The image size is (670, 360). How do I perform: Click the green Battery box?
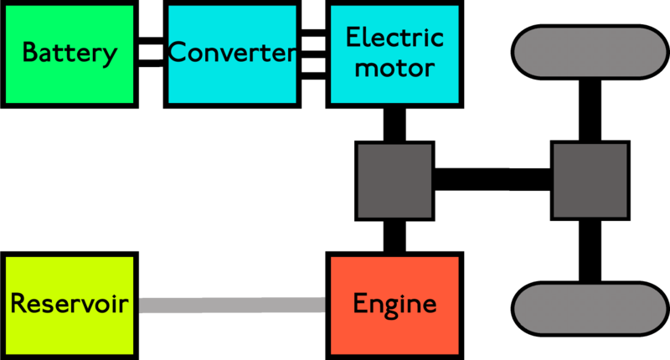click(70, 54)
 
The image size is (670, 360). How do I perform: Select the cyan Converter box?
click(232, 54)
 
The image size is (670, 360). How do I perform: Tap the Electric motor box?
click(394, 54)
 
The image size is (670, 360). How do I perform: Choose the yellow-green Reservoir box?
click(70, 306)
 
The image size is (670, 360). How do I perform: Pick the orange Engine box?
click(394, 306)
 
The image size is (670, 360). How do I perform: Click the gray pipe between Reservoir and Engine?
click(231, 306)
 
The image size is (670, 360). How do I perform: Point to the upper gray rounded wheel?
click(590, 52)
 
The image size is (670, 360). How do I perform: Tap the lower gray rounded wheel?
click(590, 308)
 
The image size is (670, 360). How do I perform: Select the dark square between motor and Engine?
click(394, 181)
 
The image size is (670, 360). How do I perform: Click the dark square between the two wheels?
click(590, 181)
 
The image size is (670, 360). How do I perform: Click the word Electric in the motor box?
click(394, 39)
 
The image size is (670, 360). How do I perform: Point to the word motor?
click(394, 68)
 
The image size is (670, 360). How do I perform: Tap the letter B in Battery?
click(29, 54)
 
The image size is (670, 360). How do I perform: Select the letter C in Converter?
click(178, 54)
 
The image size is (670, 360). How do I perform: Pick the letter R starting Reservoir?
click(18, 304)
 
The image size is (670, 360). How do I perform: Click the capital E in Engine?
click(360, 304)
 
